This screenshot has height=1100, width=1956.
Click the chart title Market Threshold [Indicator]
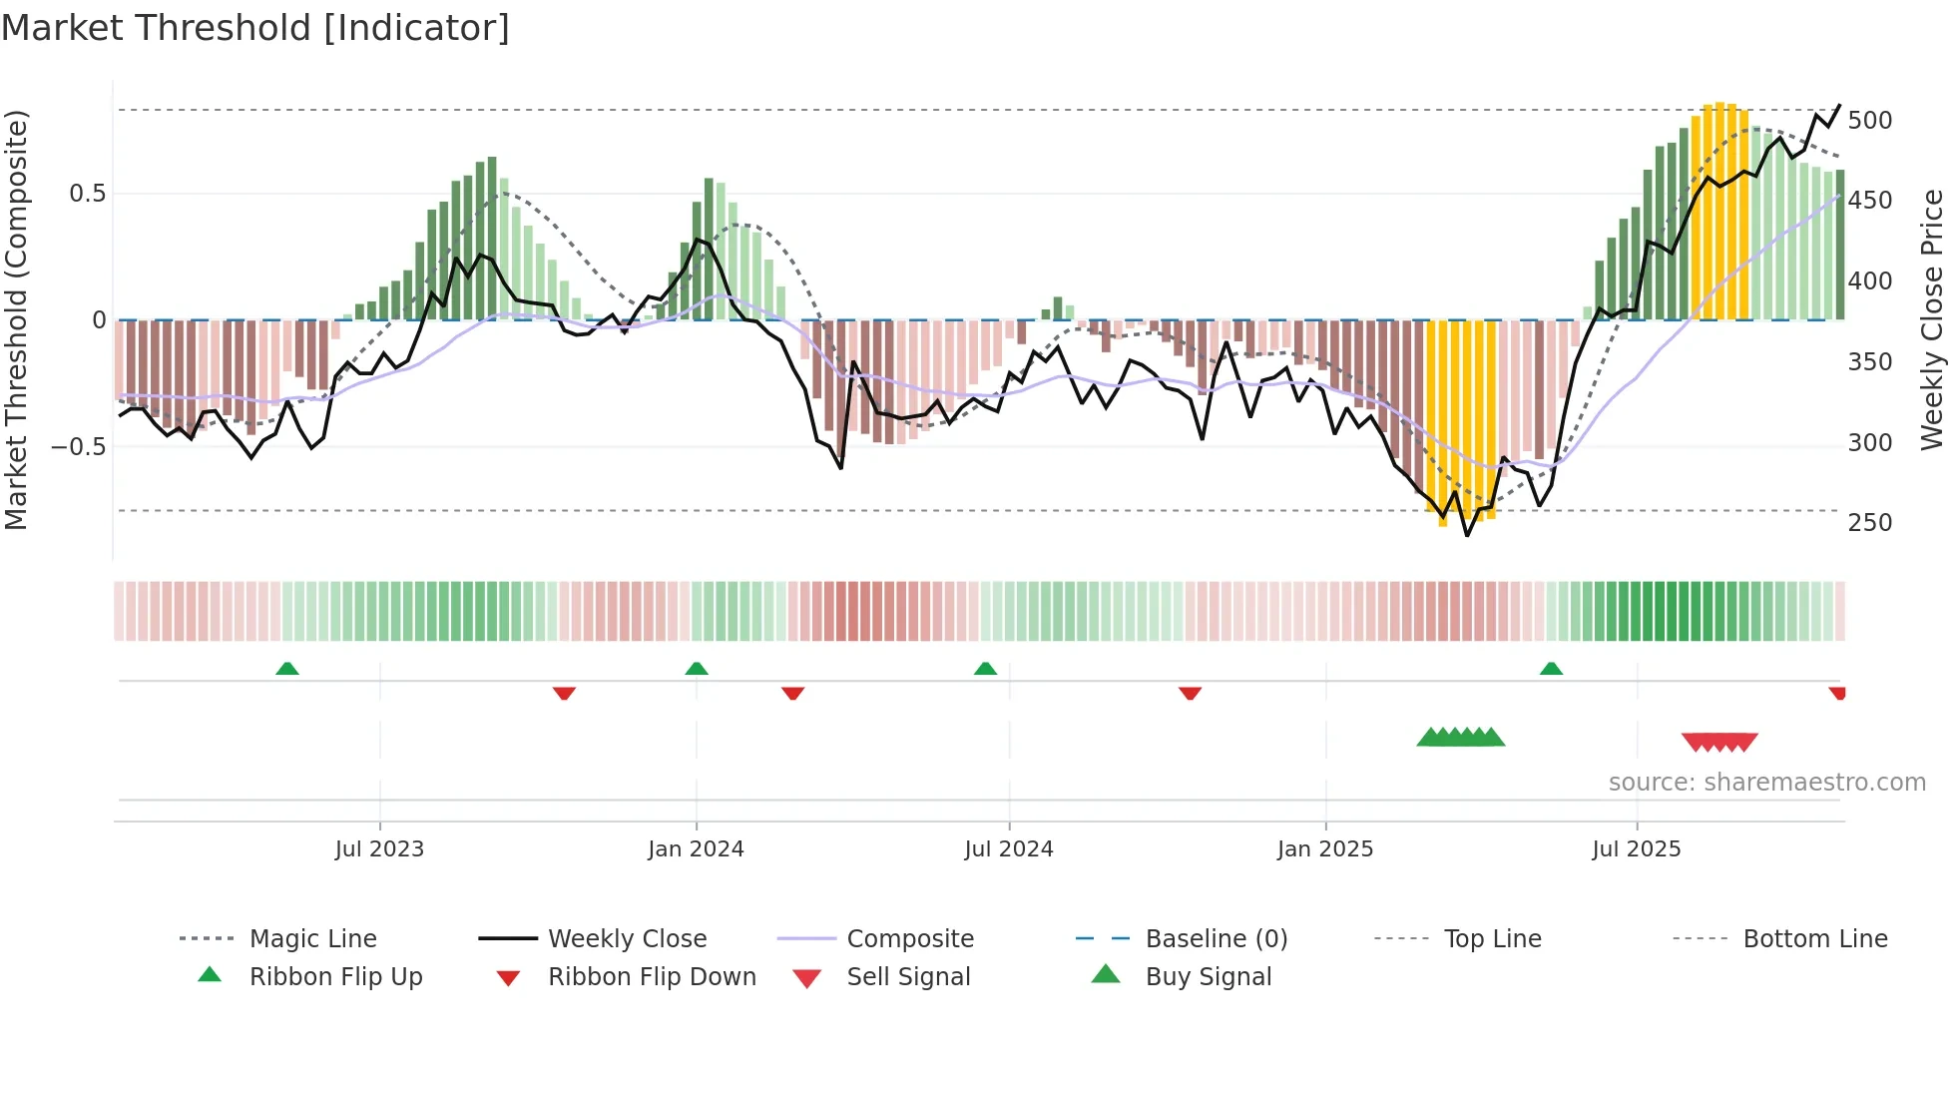[x=255, y=28]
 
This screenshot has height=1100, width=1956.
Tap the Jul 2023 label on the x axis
[x=379, y=849]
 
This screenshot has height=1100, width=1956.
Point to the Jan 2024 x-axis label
[x=696, y=849]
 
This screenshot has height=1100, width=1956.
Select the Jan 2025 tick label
[x=1324, y=849]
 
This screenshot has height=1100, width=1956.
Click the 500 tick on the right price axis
[x=1869, y=121]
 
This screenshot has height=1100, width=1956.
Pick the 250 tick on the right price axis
[x=1869, y=523]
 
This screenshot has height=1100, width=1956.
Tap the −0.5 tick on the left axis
[x=79, y=446]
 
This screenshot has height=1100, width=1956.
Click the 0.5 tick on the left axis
[x=87, y=194]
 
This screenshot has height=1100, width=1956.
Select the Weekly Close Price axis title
[x=1932, y=319]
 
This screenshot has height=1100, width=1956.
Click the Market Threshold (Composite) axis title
[x=16, y=319]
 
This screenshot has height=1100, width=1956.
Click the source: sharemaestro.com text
[x=1766, y=783]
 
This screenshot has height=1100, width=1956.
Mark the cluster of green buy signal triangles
[x=1460, y=738]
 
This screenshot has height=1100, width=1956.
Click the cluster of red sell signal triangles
[x=1718, y=743]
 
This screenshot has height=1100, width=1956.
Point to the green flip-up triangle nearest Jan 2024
[x=697, y=669]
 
